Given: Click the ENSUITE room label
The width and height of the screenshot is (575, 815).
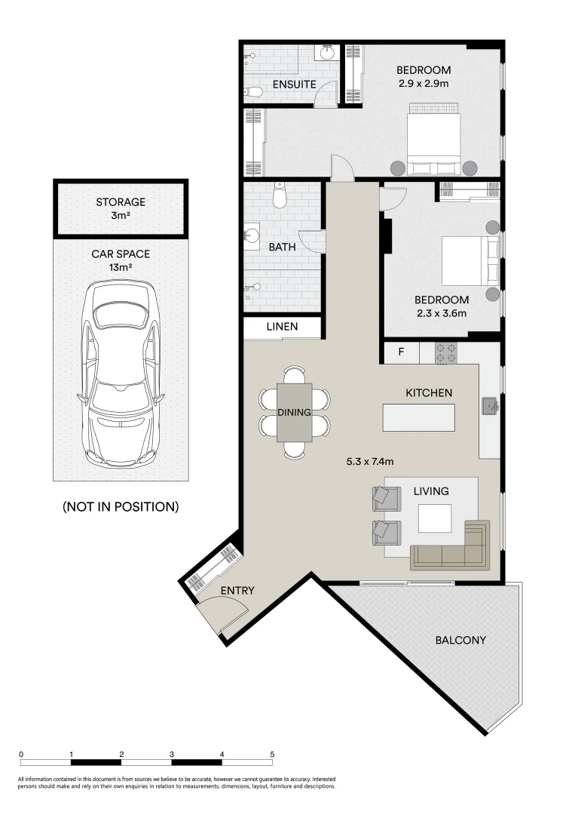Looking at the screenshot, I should [x=294, y=84].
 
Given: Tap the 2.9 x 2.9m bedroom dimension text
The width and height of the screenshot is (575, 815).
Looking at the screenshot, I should [x=423, y=83].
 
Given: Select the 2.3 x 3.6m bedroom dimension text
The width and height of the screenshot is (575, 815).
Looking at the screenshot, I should [x=441, y=313].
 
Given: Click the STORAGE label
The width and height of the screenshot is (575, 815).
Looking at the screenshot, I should [x=121, y=202].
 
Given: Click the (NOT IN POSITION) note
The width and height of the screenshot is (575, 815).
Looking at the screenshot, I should [x=121, y=506].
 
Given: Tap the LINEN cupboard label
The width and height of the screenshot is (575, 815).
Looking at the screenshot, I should [x=282, y=327].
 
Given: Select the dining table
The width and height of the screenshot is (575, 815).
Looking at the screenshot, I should [x=294, y=412].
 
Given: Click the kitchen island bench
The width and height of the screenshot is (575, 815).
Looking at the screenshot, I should [x=419, y=417].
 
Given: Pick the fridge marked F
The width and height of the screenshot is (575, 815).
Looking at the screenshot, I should [x=401, y=352].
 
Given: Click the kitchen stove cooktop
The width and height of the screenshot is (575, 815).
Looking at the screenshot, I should [x=445, y=352].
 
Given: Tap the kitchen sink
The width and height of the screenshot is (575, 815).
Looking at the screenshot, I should [x=490, y=407].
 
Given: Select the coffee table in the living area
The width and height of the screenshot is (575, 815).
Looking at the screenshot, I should [x=436, y=518].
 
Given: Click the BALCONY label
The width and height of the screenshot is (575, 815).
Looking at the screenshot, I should [x=460, y=640].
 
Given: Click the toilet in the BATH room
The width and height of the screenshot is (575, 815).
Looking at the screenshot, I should [x=280, y=196].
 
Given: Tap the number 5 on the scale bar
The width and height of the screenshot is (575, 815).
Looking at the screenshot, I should [x=272, y=754].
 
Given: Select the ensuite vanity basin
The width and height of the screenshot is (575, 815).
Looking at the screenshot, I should [x=327, y=53].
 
